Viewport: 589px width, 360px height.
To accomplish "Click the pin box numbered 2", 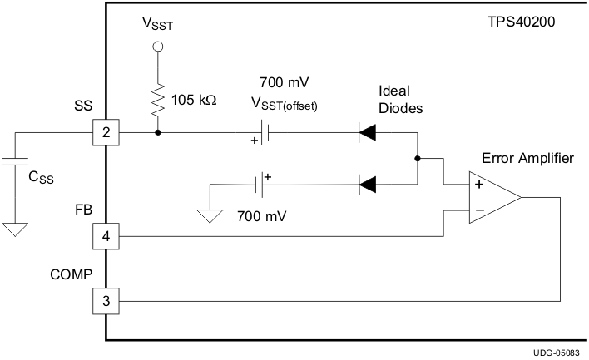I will point(106,132).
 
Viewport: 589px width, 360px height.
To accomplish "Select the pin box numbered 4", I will point(106,237).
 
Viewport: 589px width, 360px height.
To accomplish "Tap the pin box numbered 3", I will point(106,301).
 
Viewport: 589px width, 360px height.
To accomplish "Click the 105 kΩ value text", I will point(193,100).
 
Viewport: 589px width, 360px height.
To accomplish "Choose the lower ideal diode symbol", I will point(367,185).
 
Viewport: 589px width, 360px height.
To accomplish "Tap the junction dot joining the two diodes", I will point(417,158).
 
